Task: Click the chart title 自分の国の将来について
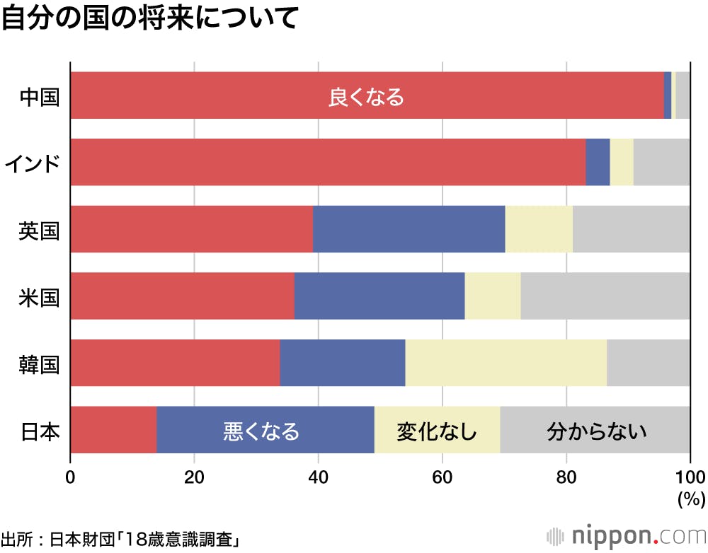(x=149, y=19)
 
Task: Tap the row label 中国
(x=40, y=95)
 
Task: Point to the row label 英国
(x=40, y=230)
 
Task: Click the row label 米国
(x=40, y=296)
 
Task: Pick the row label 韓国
(x=40, y=363)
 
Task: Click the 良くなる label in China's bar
(x=366, y=96)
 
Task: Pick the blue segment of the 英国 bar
(x=409, y=229)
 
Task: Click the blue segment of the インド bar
(x=598, y=163)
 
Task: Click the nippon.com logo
(x=623, y=534)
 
